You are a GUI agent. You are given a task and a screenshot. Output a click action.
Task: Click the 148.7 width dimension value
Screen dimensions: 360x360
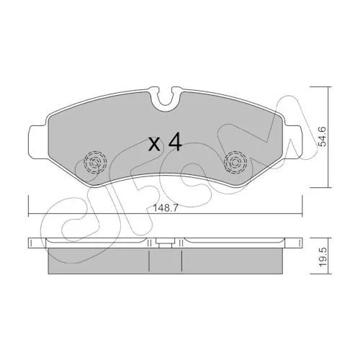click(166, 209)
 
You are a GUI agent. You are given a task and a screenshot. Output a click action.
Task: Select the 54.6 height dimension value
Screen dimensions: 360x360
click(323, 137)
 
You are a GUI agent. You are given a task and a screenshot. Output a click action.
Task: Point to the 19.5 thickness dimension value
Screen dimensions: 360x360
click(323, 257)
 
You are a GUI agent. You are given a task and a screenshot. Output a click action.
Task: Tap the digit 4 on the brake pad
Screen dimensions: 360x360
click(175, 143)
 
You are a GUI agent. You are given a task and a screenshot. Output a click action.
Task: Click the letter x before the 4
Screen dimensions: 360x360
click(154, 145)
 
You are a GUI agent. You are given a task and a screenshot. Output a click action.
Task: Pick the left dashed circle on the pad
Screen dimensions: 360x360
click(95, 162)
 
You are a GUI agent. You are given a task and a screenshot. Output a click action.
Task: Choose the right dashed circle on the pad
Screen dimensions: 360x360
click(235, 162)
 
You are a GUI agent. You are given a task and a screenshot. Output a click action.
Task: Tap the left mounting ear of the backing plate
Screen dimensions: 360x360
click(37, 142)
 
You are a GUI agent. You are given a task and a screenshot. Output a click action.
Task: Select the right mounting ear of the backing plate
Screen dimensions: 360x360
click(294, 142)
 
